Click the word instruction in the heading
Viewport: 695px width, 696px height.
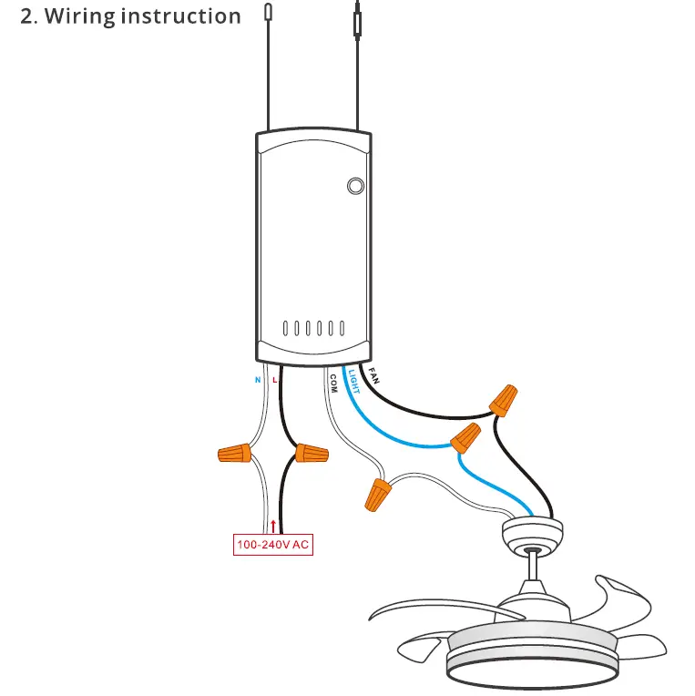coord(186,16)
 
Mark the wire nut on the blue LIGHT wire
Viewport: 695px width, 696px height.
coord(466,437)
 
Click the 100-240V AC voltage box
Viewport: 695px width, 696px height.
coord(273,546)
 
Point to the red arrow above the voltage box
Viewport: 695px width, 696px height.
coord(272,526)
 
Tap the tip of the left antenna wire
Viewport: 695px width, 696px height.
coord(268,10)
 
